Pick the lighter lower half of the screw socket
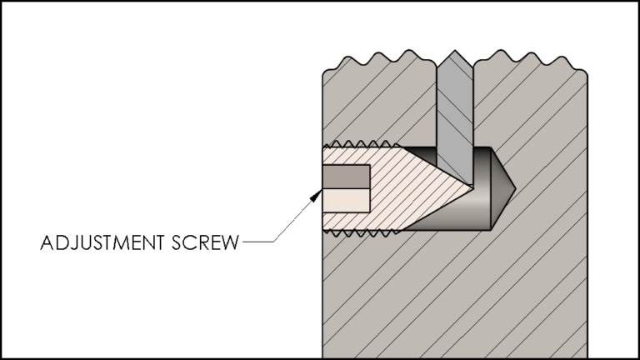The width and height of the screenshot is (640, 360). click(x=346, y=199)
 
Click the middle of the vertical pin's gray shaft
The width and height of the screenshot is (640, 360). click(x=454, y=117)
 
